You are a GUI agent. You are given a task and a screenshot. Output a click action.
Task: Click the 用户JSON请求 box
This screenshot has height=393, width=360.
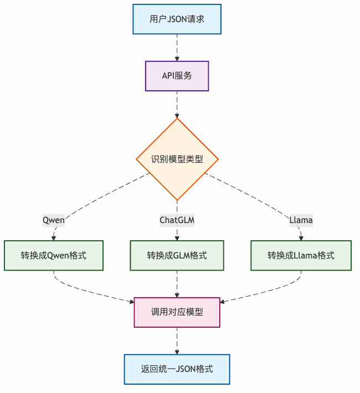pos(177,19)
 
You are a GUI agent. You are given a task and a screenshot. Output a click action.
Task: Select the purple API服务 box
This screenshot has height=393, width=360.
pos(177,76)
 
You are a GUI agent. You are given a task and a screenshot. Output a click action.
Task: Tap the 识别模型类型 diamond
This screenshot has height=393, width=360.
pos(177,159)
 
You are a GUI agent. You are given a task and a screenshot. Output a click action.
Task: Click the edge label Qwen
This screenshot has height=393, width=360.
pos(54,220)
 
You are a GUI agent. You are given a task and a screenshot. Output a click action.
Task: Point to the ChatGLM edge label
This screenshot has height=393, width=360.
pos(177,220)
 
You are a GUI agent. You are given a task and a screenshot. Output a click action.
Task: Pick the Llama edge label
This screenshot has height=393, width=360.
pos(301,220)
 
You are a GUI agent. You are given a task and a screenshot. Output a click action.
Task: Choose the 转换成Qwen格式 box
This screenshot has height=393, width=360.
pos(54,255)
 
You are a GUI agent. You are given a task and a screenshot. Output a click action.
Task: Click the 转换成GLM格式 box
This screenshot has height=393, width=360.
pos(177,255)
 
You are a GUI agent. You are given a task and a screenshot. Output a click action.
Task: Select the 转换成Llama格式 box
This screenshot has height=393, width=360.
pos(301,255)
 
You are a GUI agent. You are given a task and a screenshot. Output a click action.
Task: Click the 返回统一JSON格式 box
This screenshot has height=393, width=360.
pos(177,369)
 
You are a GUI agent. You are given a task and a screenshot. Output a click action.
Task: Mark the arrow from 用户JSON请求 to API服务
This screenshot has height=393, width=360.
pos(177,47)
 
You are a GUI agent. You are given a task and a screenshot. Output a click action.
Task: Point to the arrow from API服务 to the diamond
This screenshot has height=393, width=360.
pos(177,104)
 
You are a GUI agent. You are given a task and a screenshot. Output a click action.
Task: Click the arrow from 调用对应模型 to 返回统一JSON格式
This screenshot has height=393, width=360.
pos(177,340)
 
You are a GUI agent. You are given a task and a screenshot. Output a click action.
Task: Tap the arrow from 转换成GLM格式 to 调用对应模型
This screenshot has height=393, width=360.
pos(177,283)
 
